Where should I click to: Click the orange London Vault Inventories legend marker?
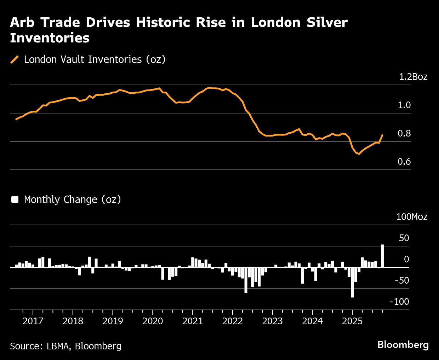coord(15,59)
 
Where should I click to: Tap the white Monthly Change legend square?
coord(15,199)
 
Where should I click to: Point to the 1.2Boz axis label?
coord(413,77)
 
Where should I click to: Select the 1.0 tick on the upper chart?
coord(404,105)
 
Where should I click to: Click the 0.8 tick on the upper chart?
coord(404,133)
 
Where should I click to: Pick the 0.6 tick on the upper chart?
coord(404,162)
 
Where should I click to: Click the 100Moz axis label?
coord(411,217)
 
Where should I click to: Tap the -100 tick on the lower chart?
coord(399,302)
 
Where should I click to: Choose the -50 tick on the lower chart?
coord(401,280)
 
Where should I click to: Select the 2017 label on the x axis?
coord(33,321)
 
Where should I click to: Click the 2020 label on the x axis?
coord(153,321)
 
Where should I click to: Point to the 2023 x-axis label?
coord(272,321)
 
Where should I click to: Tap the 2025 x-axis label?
coord(352,321)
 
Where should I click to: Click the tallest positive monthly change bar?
coord(382,255)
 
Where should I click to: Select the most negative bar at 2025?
coord(352,282)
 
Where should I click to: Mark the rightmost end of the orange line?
coord(382,135)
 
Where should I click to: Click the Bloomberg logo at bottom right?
coord(403,345)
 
